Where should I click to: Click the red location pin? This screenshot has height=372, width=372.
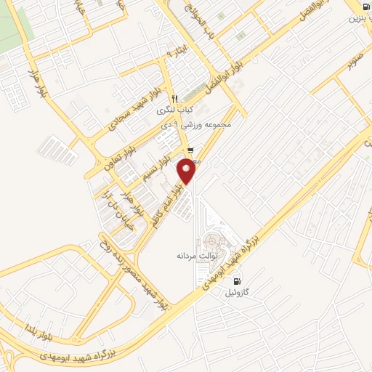[x=187, y=170]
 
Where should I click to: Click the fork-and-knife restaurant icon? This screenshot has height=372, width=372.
[x=174, y=99]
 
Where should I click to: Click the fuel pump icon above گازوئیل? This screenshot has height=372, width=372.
[x=236, y=281]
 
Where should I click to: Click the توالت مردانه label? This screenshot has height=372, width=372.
[x=194, y=256]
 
